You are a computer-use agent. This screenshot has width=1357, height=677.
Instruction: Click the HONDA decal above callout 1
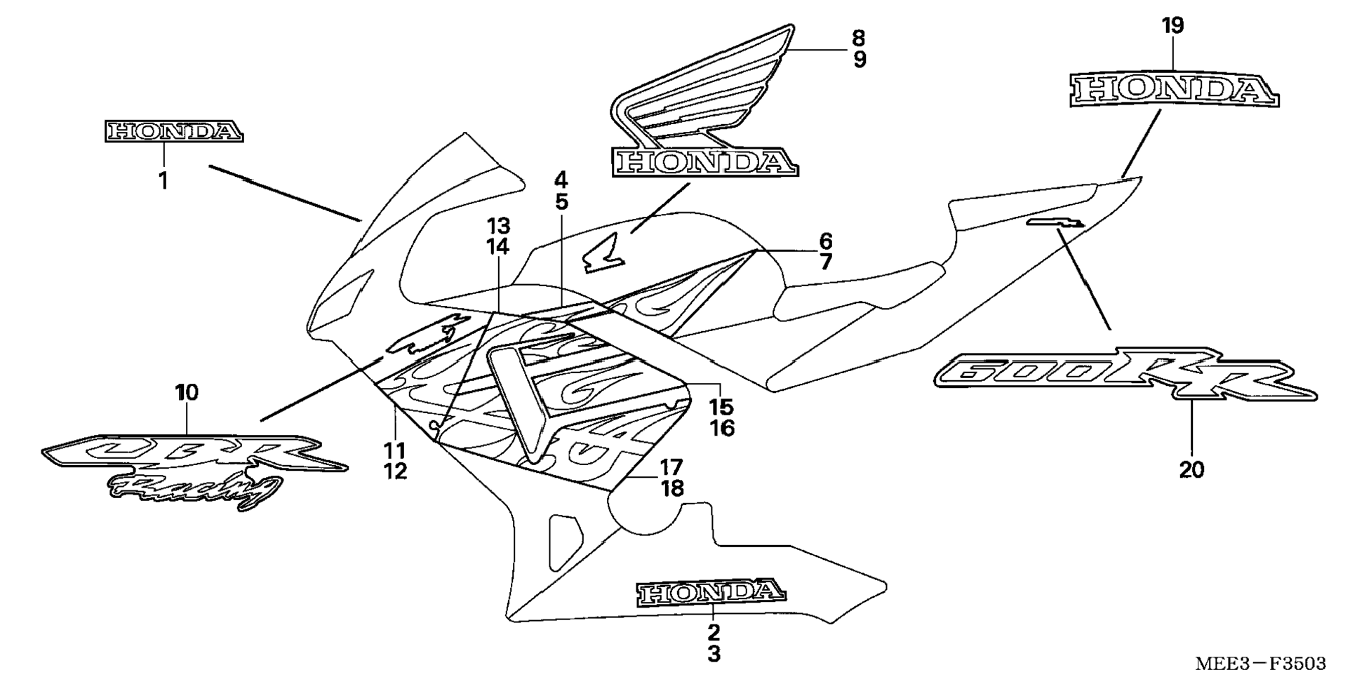pos(174,131)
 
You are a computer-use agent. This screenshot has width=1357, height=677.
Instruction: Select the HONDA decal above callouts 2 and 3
pos(710,593)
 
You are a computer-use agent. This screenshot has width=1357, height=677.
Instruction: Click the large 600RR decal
pos(1125,380)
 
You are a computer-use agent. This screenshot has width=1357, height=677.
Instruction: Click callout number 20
pos(1191,469)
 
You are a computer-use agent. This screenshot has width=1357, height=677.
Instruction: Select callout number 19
pos(1172,26)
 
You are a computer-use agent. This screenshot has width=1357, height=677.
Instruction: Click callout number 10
pos(187,392)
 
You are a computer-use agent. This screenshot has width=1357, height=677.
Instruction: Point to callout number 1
pos(163,181)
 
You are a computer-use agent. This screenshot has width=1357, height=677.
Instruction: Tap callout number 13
pos(499,226)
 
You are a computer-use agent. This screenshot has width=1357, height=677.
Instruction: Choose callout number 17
pos(671,467)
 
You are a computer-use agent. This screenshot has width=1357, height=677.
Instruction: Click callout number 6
pos(825,241)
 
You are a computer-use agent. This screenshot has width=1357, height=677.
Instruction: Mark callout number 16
pos(721,428)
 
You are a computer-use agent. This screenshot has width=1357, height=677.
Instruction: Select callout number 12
pos(395,471)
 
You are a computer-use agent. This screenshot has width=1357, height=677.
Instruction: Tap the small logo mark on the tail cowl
pos(1056,223)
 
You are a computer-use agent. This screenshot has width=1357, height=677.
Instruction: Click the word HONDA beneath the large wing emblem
pos(704,162)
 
